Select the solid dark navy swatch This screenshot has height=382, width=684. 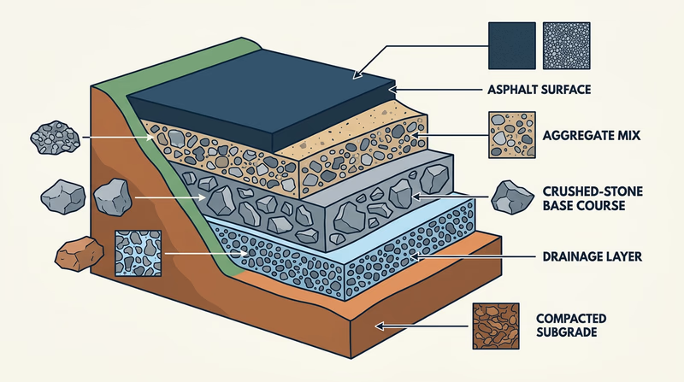pos(510,45)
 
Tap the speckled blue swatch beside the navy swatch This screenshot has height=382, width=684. pos(566,45)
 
